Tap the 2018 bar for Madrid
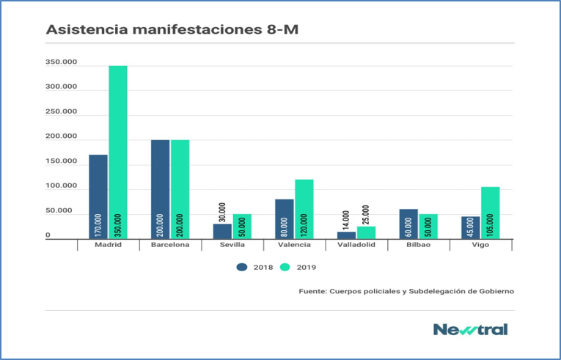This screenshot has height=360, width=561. pos(98,196)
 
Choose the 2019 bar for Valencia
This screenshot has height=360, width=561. pos(304,208)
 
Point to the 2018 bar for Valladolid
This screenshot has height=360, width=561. pos(346,235)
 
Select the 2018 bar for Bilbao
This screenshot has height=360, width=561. pos(408,224)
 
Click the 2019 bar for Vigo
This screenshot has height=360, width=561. pos(490,212)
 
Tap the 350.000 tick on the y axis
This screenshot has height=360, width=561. pos(61,62)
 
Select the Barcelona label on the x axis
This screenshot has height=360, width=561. pos(170,245)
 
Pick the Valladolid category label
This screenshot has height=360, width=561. pos(356,245)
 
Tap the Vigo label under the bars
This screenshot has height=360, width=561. pos(480,245)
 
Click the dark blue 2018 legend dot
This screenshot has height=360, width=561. pos(241,267)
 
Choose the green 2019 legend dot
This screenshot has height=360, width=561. pos(285,267)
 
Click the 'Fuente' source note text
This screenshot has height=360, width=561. pos(406,291)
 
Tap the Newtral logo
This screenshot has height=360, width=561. pos(469,329)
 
